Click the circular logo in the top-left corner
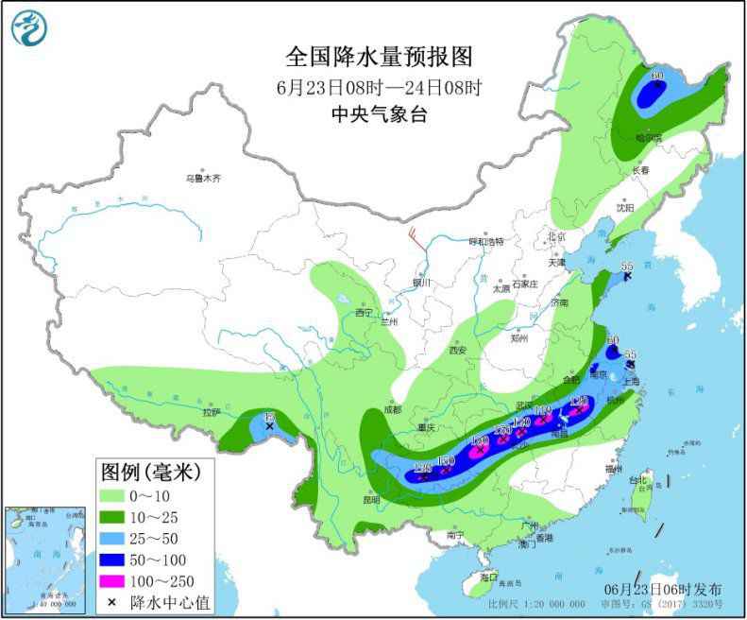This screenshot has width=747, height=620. tap(28, 27)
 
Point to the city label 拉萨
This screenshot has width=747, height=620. tap(210, 412)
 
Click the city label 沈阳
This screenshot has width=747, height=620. tap(625, 207)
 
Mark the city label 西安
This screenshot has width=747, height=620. tap(458, 350)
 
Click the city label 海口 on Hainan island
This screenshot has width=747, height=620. tap(487, 576)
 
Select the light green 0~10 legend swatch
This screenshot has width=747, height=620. tap(122, 495)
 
